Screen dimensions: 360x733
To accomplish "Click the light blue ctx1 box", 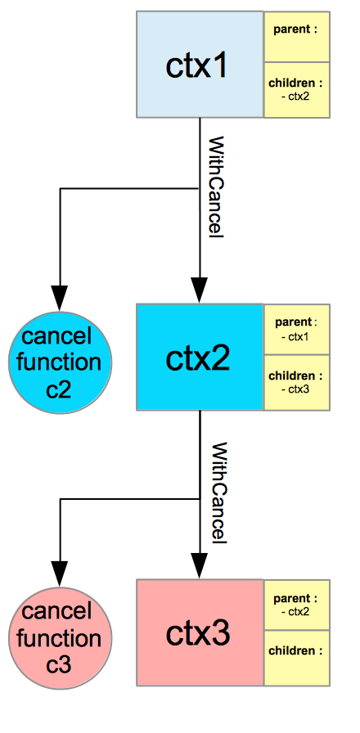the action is pyautogui.click(x=200, y=64).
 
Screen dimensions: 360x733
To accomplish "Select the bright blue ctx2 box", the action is pyautogui.click(x=200, y=358).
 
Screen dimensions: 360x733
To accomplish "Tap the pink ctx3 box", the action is pyautogui.click(x=200, y=632).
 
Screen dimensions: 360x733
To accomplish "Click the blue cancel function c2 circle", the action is pyautogui.click(x=60, y=362).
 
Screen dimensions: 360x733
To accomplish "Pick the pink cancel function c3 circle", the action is pyautogui.click(x=60, y=637).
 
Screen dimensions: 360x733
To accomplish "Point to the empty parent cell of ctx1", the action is pyautogui.click(x=297, y=37).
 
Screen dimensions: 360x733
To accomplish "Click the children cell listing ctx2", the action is pyautogui.click(x=297, y=90).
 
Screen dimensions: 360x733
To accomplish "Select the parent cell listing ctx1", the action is pyautogui.click(x=297, y=330).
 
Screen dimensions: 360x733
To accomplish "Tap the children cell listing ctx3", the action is pyautogui.click(x=297, y=383).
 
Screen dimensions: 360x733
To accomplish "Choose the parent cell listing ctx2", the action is pyautogui.click(x=297, y=605).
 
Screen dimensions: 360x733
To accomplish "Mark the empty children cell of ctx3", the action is pyautogui.click(x=297, y=659).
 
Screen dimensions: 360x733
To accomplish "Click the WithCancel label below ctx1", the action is pyautogui.click(x=215, y=188).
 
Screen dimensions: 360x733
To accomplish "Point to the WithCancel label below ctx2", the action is pyautogui.click(x=218, y=492).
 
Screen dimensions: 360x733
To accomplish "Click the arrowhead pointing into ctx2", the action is pyautogui.click(x=200, y=290).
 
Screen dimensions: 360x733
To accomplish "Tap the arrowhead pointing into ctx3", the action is pyautogui.click(x=200, y=566).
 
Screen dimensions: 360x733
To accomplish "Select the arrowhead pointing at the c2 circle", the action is pyautogui.click(x=60, y=298).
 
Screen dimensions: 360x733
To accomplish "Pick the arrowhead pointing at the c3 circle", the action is pyautogui.click(x=60, y=573).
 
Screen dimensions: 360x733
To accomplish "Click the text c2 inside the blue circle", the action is pyautogui.click(x=59, y=389).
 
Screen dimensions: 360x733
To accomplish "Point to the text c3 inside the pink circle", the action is pyautogui.click(x=59, y=664).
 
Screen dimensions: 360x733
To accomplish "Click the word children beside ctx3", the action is pyautogui.click(x=294, y=650).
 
